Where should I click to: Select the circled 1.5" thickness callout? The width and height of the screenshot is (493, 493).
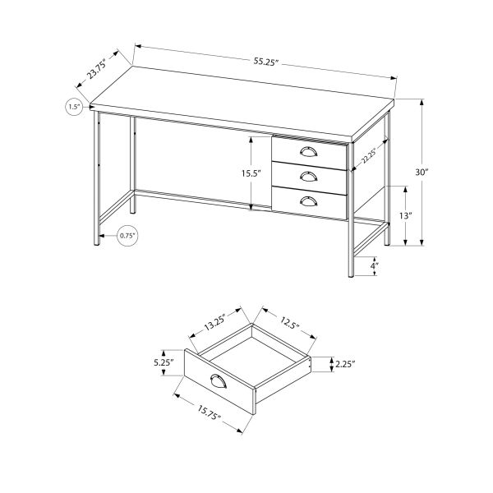[x=75, y=107]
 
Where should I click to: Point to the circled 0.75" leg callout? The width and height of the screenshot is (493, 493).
[x=127, y=236]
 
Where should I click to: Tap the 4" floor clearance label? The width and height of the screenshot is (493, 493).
[x=374, y=266]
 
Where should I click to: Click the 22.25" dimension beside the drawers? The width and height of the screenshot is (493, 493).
[x=366, y=159]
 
